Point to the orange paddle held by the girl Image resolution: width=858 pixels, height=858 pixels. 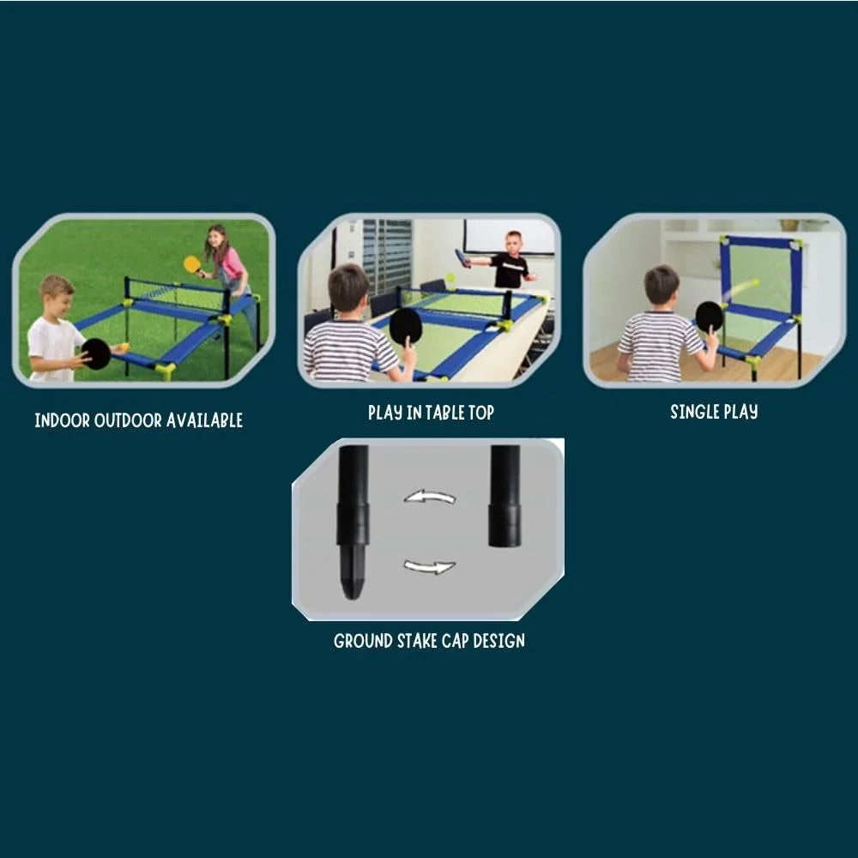(192, 263)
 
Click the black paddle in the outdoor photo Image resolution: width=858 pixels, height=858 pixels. (96, 353)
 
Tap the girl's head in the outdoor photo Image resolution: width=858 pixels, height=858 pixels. (217, 238)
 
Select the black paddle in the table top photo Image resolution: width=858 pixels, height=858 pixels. (406, 326)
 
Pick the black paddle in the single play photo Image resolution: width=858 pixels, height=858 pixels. (709, 316)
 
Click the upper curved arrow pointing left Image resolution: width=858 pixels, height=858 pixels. (429, 496)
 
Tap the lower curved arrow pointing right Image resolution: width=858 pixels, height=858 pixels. (429, 565)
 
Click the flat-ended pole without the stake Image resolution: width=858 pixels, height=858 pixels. (505, 498)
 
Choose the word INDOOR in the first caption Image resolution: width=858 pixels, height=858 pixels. (61, 420)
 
